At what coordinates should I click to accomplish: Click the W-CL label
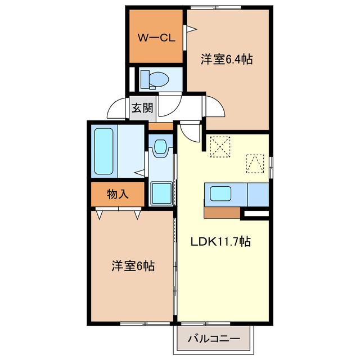[157, 38]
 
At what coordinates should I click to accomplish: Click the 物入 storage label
[118, 195]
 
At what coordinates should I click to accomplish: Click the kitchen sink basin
[220, 195]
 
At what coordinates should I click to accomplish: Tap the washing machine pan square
[161, 193]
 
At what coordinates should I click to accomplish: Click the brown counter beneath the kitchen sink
[222, 213]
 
